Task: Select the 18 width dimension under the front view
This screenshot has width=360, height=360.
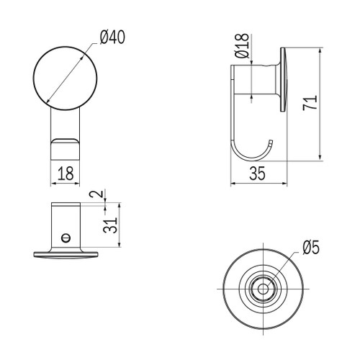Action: coord(65,174)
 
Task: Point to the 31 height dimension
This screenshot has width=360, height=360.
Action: coord(108,225)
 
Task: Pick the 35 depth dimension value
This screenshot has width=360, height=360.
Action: coord(258,173)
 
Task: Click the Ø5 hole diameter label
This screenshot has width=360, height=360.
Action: coord(311,248)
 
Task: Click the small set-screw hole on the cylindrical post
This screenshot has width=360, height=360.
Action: coord(66,235)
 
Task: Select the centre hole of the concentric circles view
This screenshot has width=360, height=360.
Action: coord(260,289)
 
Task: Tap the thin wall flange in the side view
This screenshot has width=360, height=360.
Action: coord(284,80)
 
